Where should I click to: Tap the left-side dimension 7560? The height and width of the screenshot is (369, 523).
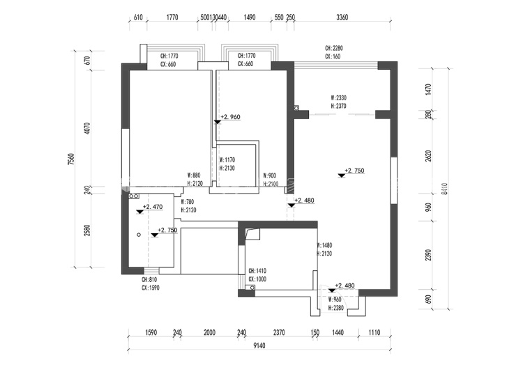(x=71, y=159)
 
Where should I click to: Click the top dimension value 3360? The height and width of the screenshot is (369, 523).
(x=342, y=17)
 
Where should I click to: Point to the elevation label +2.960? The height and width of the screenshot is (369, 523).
(x=230, y=118)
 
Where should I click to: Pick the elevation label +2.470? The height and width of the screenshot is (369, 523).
(x=153, y=207)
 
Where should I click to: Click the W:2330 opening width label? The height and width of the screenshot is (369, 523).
(x=338, y=98)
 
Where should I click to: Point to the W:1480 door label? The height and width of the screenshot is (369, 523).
(x=325, y=246)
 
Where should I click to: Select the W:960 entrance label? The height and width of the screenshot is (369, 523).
(x=336, y=299)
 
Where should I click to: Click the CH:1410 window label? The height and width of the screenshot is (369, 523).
(x=257, y=272)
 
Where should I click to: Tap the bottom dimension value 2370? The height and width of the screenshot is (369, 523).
(x=279, y=333)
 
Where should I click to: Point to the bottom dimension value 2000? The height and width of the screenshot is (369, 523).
(x=209, y=333)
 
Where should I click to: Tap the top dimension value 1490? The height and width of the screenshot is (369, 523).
(x=250, y=17)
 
